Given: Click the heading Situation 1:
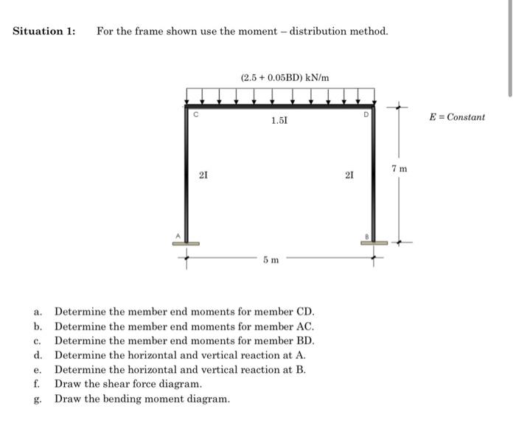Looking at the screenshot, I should (x=44, y=32).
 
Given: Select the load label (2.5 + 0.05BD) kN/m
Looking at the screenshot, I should (x=285, y=77).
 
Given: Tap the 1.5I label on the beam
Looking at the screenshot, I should (x=279, y=120).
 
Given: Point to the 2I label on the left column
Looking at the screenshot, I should (x=203, y=175).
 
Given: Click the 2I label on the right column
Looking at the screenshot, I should (x=349, y=175).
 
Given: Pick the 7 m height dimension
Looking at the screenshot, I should (x=400, y=169).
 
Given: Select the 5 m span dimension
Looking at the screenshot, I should (x=271, y=259).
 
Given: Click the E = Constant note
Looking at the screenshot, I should (x=457, y=117).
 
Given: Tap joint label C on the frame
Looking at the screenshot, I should (x=196, y=115).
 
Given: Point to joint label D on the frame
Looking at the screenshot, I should (x=364, y=115).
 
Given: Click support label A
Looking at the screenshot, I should (x=177, y=236).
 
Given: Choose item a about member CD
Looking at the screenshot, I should (x=184, y=312).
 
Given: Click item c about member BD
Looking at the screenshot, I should (x=184, y=340).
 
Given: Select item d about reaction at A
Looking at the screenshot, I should (x=180, y=355).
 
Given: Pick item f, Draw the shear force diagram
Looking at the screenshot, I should (x=128, y=384).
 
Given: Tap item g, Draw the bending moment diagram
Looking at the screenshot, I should (x=142, y=399).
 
